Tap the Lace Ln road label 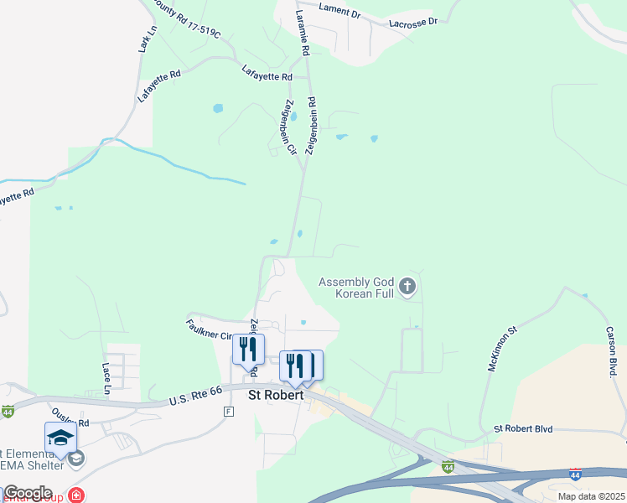coord(106,378)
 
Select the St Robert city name coord(274,392)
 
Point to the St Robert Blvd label coord(523,428)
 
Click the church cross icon coord(407,288)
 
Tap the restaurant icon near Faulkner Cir coord(248,350)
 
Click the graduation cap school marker coord(60,438)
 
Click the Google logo coord(27,493)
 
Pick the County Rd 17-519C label coord(187,22)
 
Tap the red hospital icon coord(76,495)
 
